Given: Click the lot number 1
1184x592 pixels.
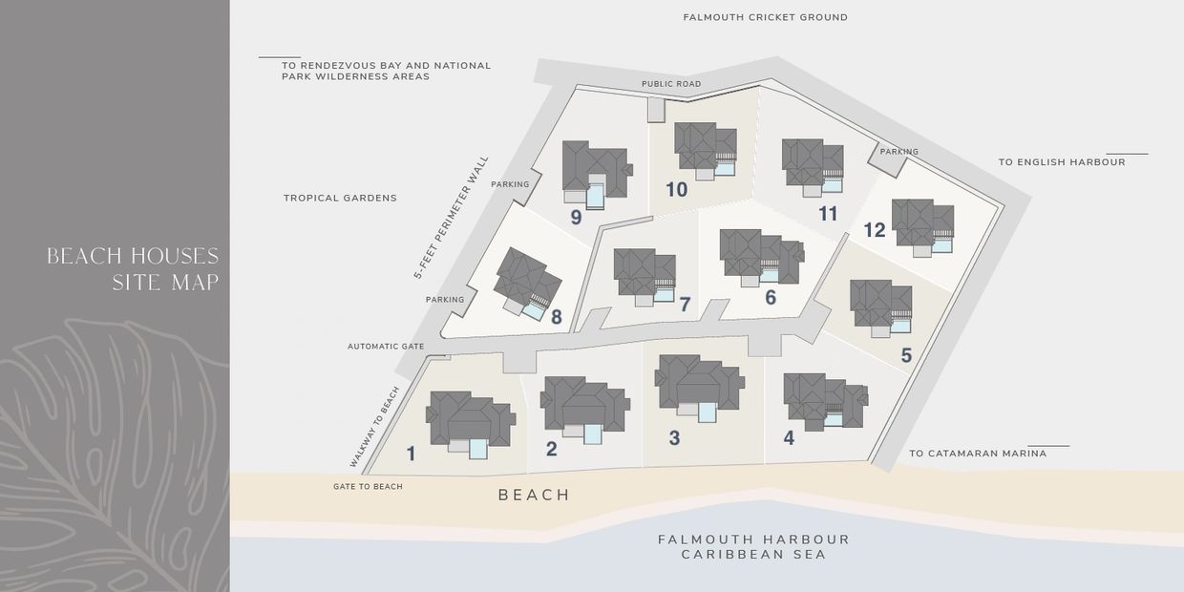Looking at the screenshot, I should pyautogui.click(x=412, y=454).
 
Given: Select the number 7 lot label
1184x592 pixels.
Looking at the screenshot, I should pyautogui.click(x=685, y=305).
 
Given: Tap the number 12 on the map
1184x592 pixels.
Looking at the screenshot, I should pyautogui.click(x=875, y=230).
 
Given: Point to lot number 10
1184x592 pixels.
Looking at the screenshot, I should pyautogui.click(x=676, y=189).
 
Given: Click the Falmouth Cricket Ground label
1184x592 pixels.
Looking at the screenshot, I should pyautogui.click(x=765, y=17).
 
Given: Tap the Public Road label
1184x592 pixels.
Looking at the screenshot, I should pyautogui.click(x=671, y=84).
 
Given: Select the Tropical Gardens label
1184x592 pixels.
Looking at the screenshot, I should pyautogui.click(x=340, y=198).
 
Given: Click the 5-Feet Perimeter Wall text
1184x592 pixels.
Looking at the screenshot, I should pyautogui.click(x=451, y=218).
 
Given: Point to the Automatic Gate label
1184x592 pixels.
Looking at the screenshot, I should pyautogui.click(x=386, y=346).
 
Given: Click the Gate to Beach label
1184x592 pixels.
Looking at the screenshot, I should pyautogui.click(x=368, y=487).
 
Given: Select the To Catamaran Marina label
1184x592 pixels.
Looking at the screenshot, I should pyautogui.click(x=978, y=454).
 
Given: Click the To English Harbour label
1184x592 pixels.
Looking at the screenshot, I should pyautogui.click(x=1062, y=162).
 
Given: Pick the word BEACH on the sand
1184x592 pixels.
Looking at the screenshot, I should pyautogui.click(x=534, y=495).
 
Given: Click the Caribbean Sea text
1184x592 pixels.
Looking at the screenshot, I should pyautogui.click(x=753, y=554).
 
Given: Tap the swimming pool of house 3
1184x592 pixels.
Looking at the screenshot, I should pyautogui.click(x=708, y=412).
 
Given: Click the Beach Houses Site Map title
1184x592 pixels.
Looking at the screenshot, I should pyautogui.click(x=133, y=269).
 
